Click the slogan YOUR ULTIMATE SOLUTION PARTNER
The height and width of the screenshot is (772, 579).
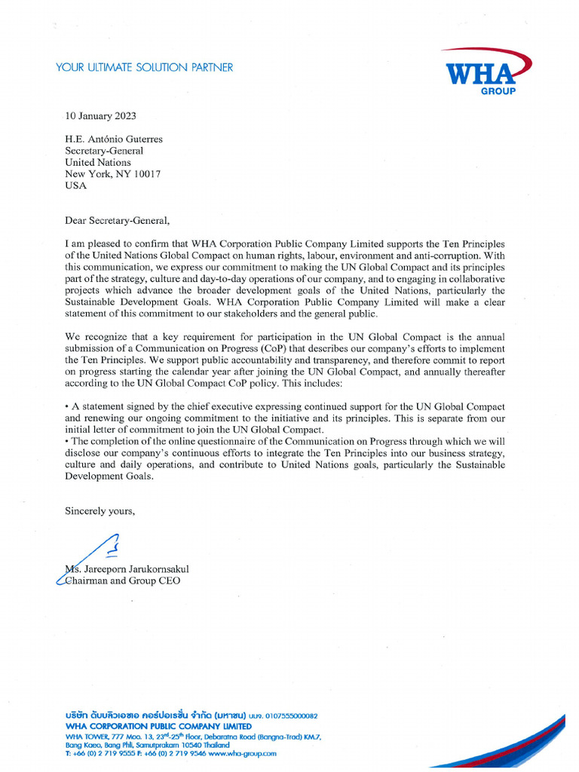coord(144,68)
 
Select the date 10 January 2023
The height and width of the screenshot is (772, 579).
coord(101,116)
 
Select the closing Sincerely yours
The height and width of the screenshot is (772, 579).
coord(100,511)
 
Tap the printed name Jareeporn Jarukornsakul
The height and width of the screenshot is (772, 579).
coord(136,569)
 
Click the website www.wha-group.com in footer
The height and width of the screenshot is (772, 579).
coord(243,753)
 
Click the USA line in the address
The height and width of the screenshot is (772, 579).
coord(76,185)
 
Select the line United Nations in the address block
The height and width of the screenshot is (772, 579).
coord(98,162)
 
